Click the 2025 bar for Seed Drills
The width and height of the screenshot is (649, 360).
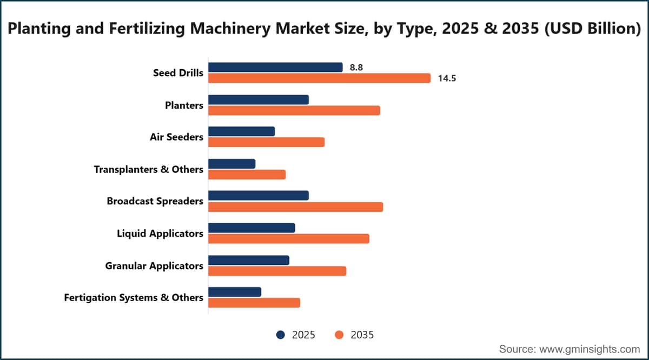tap(275, 68)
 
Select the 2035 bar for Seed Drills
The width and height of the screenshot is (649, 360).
tap(319, 78)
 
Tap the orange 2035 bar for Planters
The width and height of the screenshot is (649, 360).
tap(294, 111)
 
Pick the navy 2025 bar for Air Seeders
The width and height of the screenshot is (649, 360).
tap(241, 131)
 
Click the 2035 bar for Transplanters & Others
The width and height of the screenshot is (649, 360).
tap(247, 175)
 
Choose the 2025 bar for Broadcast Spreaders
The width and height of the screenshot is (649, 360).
tap(259, 196)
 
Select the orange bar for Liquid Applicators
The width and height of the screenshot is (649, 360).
tap(289, 238)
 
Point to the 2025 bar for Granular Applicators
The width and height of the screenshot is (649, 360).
tap(249, 261)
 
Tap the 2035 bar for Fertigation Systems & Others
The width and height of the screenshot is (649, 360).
tap(254, 303)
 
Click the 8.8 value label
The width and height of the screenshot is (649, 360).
tap(356, 68)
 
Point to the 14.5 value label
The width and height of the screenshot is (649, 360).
tap(447, 78)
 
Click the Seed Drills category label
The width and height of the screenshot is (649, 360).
tap(178, 73)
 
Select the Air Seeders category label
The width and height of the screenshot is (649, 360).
tap(176, 137)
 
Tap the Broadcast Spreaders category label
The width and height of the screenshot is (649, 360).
tap(155, 201)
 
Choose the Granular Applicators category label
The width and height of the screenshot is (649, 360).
tap(154, 266)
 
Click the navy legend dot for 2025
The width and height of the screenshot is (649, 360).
tap(281, 335)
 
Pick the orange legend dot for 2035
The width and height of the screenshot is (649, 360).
tap(339, 335)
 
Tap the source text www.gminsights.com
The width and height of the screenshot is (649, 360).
tap(590, 349)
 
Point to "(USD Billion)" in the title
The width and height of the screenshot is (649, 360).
tap(593, 29)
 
